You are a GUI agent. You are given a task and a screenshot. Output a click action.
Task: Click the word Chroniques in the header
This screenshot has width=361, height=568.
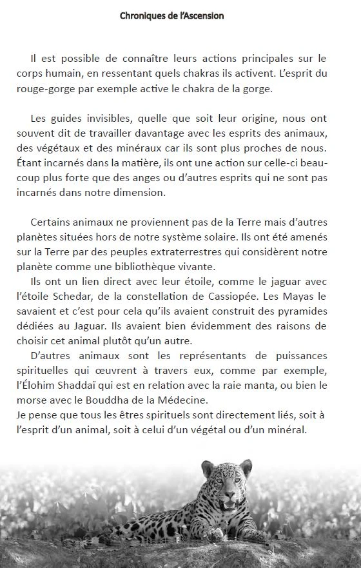(143, 15)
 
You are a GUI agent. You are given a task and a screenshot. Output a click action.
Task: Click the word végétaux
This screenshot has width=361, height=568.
(47, 148)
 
